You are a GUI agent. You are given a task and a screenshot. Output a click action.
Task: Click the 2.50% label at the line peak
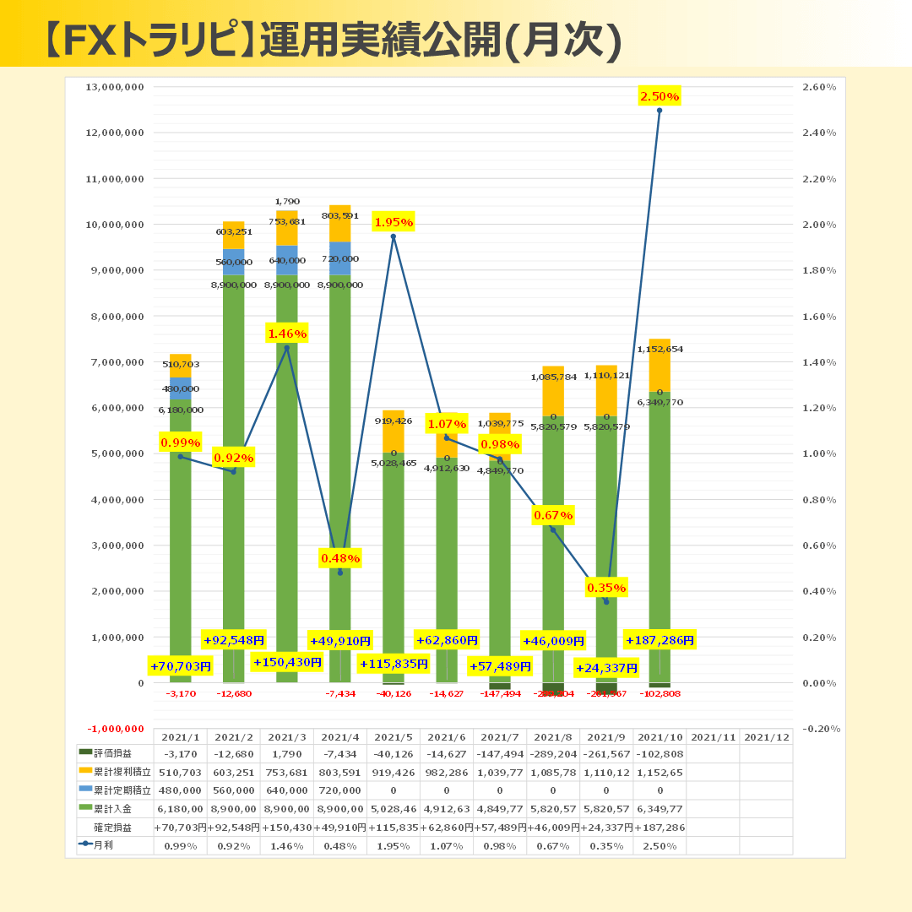[x=660, y=97]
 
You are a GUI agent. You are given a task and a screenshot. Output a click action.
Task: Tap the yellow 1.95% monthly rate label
[x=393, y=223]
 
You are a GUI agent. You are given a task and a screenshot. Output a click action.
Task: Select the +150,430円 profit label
[x=287, y=662]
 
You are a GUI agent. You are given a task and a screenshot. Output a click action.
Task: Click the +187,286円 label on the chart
[x=660, y=640]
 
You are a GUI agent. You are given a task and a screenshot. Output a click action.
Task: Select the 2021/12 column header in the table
[x=766, y=737]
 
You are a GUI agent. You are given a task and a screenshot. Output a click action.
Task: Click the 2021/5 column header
[x=393, y=737]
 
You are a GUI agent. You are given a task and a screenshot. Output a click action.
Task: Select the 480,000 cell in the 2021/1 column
[x=180, y=790]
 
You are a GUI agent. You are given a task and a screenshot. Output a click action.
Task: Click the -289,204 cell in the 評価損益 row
[x=552, y=753]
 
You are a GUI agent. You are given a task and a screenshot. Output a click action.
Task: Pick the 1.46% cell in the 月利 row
[x=286, y=845]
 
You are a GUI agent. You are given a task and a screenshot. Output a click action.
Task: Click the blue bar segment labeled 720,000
[x=340, y=258]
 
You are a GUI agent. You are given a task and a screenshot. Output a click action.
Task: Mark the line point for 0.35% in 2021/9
[x=606, y=602]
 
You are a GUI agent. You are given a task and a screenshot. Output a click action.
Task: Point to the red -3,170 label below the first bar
[x=181, y=693]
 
